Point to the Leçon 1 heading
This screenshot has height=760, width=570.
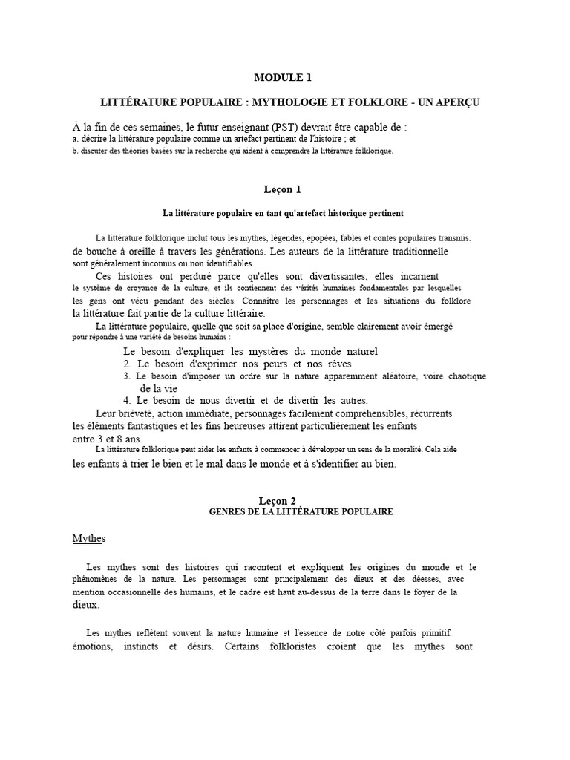284,189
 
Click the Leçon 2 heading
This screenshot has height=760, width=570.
284,501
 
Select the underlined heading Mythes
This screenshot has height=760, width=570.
89,538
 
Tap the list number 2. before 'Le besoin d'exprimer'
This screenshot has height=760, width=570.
127,364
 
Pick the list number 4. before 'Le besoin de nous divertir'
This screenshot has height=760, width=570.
127,400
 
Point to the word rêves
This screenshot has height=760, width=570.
335,364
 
